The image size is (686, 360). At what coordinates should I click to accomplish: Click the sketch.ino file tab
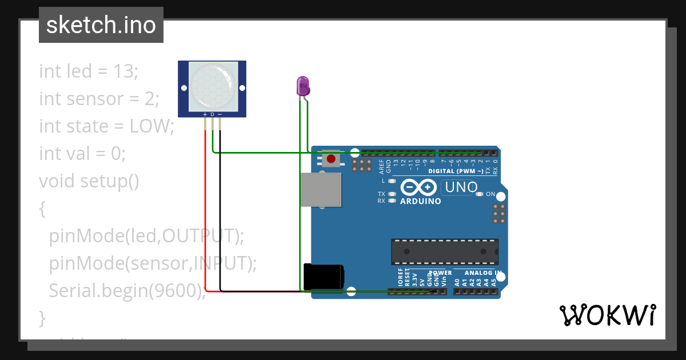[101, 25]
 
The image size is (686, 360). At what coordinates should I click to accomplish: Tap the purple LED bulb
[302, 86]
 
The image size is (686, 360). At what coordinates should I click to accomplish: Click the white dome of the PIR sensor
[212, 87]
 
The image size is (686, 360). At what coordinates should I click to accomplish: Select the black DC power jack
[323, 277]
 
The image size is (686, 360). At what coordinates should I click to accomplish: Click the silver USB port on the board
[321, 189]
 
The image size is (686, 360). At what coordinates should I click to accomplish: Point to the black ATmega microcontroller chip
[444, 251]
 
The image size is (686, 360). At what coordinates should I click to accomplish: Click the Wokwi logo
[607, 315]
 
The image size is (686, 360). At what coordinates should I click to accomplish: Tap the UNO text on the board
[461, 187]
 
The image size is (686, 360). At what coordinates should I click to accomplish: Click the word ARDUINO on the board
[420, 201]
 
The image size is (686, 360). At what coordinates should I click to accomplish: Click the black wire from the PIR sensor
[220, 217]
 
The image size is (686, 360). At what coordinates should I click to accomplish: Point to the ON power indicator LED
[480, 194]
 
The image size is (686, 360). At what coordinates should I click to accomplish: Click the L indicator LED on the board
[392, 181]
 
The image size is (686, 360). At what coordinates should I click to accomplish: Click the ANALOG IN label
[483, 273]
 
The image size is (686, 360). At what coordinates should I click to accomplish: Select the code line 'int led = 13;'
[89, 71]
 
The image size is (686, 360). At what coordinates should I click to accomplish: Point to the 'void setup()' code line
[89, 181]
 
